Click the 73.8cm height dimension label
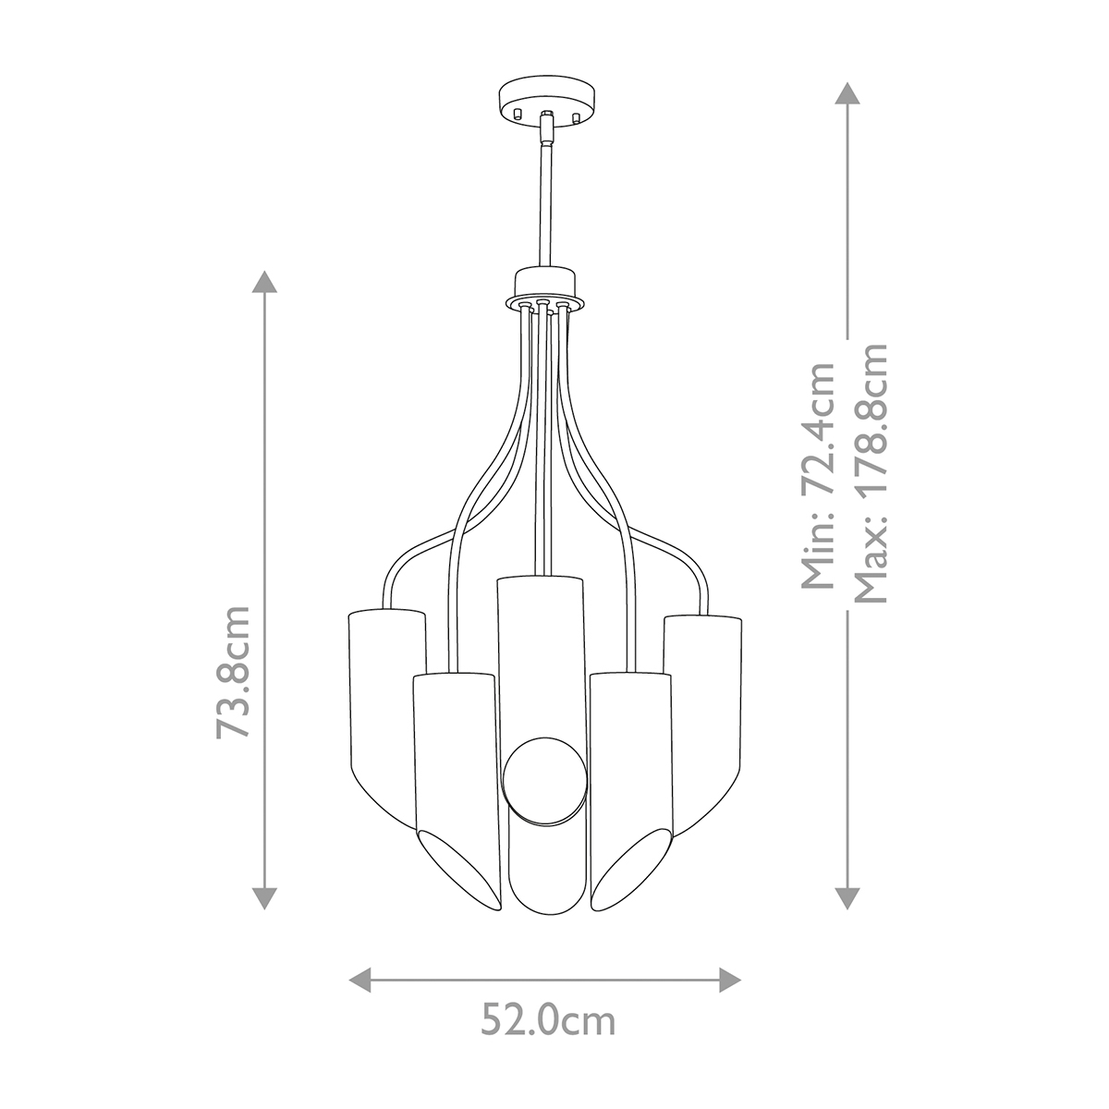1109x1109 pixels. (x=233, y=671)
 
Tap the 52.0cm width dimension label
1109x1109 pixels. (x=547, y=1022)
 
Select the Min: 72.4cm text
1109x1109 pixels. (x=817, y=476)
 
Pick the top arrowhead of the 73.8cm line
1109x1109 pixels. (x=265, y=284)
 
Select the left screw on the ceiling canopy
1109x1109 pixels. (x=518, y=115)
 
